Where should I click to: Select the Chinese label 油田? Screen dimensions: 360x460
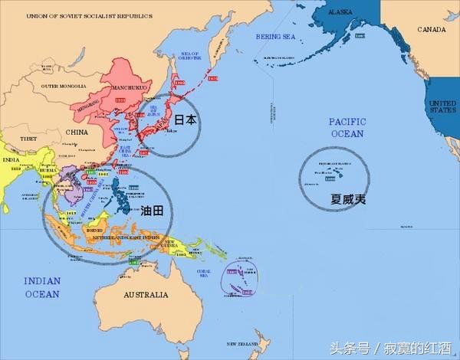pos(152,209)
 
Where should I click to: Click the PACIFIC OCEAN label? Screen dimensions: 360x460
pos(347,128)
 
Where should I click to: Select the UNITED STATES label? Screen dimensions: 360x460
pos(442,107)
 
